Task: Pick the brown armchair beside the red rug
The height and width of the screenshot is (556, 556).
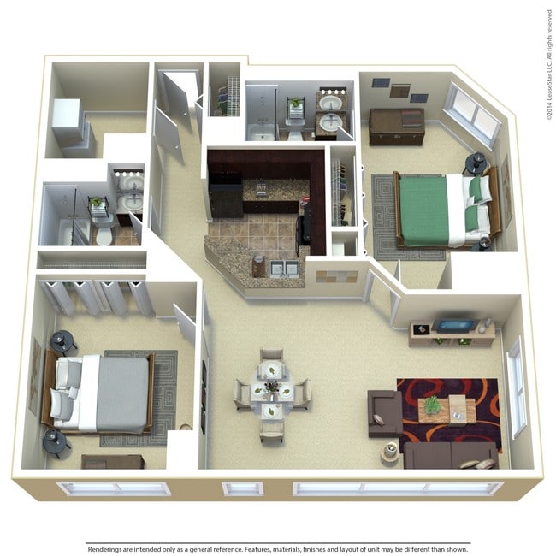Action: point(383,410)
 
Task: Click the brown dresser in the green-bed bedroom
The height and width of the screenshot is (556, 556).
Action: point(396,127)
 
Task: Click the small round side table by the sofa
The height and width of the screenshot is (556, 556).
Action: point(389,451)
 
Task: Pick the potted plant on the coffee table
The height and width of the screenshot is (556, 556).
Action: point(433,405)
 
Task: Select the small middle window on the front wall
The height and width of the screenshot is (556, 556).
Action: point(242,489)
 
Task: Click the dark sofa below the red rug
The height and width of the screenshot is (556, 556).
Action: point(449,455)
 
